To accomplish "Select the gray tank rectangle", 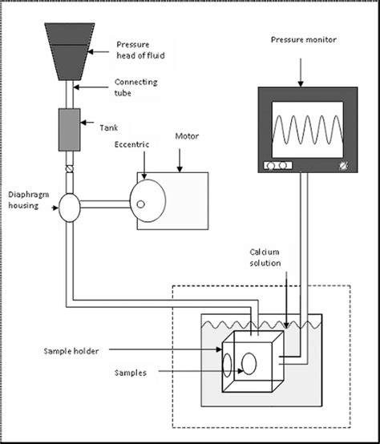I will pyautogui.click(x=67, y=129).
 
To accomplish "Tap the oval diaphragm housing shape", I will pyautogui.click(x=67, y=209).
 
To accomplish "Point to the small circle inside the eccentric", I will pyautogui.click(x=142, y=204).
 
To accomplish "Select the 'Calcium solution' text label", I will pyautogui.click(x=265, y=257).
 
